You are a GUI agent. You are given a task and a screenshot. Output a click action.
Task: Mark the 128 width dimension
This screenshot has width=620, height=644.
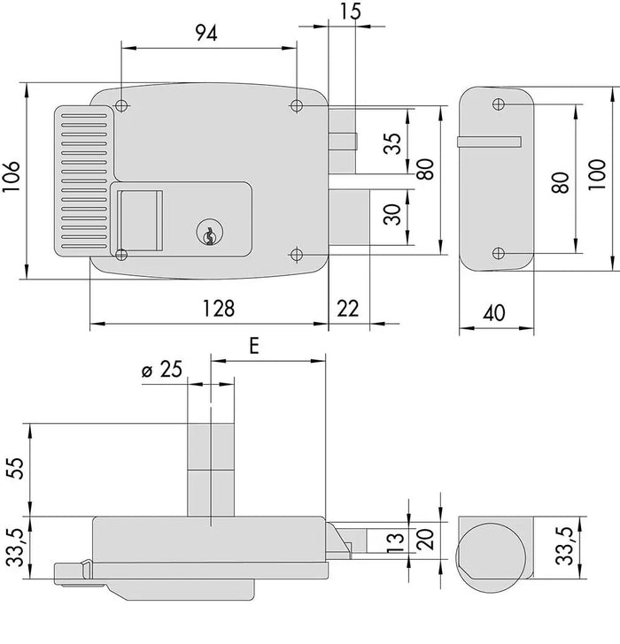point(217,309)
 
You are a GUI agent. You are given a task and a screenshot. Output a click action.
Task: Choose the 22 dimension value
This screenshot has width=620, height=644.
point(348,309)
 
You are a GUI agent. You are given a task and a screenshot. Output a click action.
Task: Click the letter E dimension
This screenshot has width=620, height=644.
point(254,346)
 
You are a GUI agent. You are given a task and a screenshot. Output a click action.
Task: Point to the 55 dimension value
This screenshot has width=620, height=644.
point(12,469)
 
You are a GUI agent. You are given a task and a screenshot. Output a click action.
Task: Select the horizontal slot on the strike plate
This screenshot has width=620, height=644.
point(488,142)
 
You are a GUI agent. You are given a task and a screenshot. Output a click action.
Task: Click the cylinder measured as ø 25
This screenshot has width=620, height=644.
point(212,469)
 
